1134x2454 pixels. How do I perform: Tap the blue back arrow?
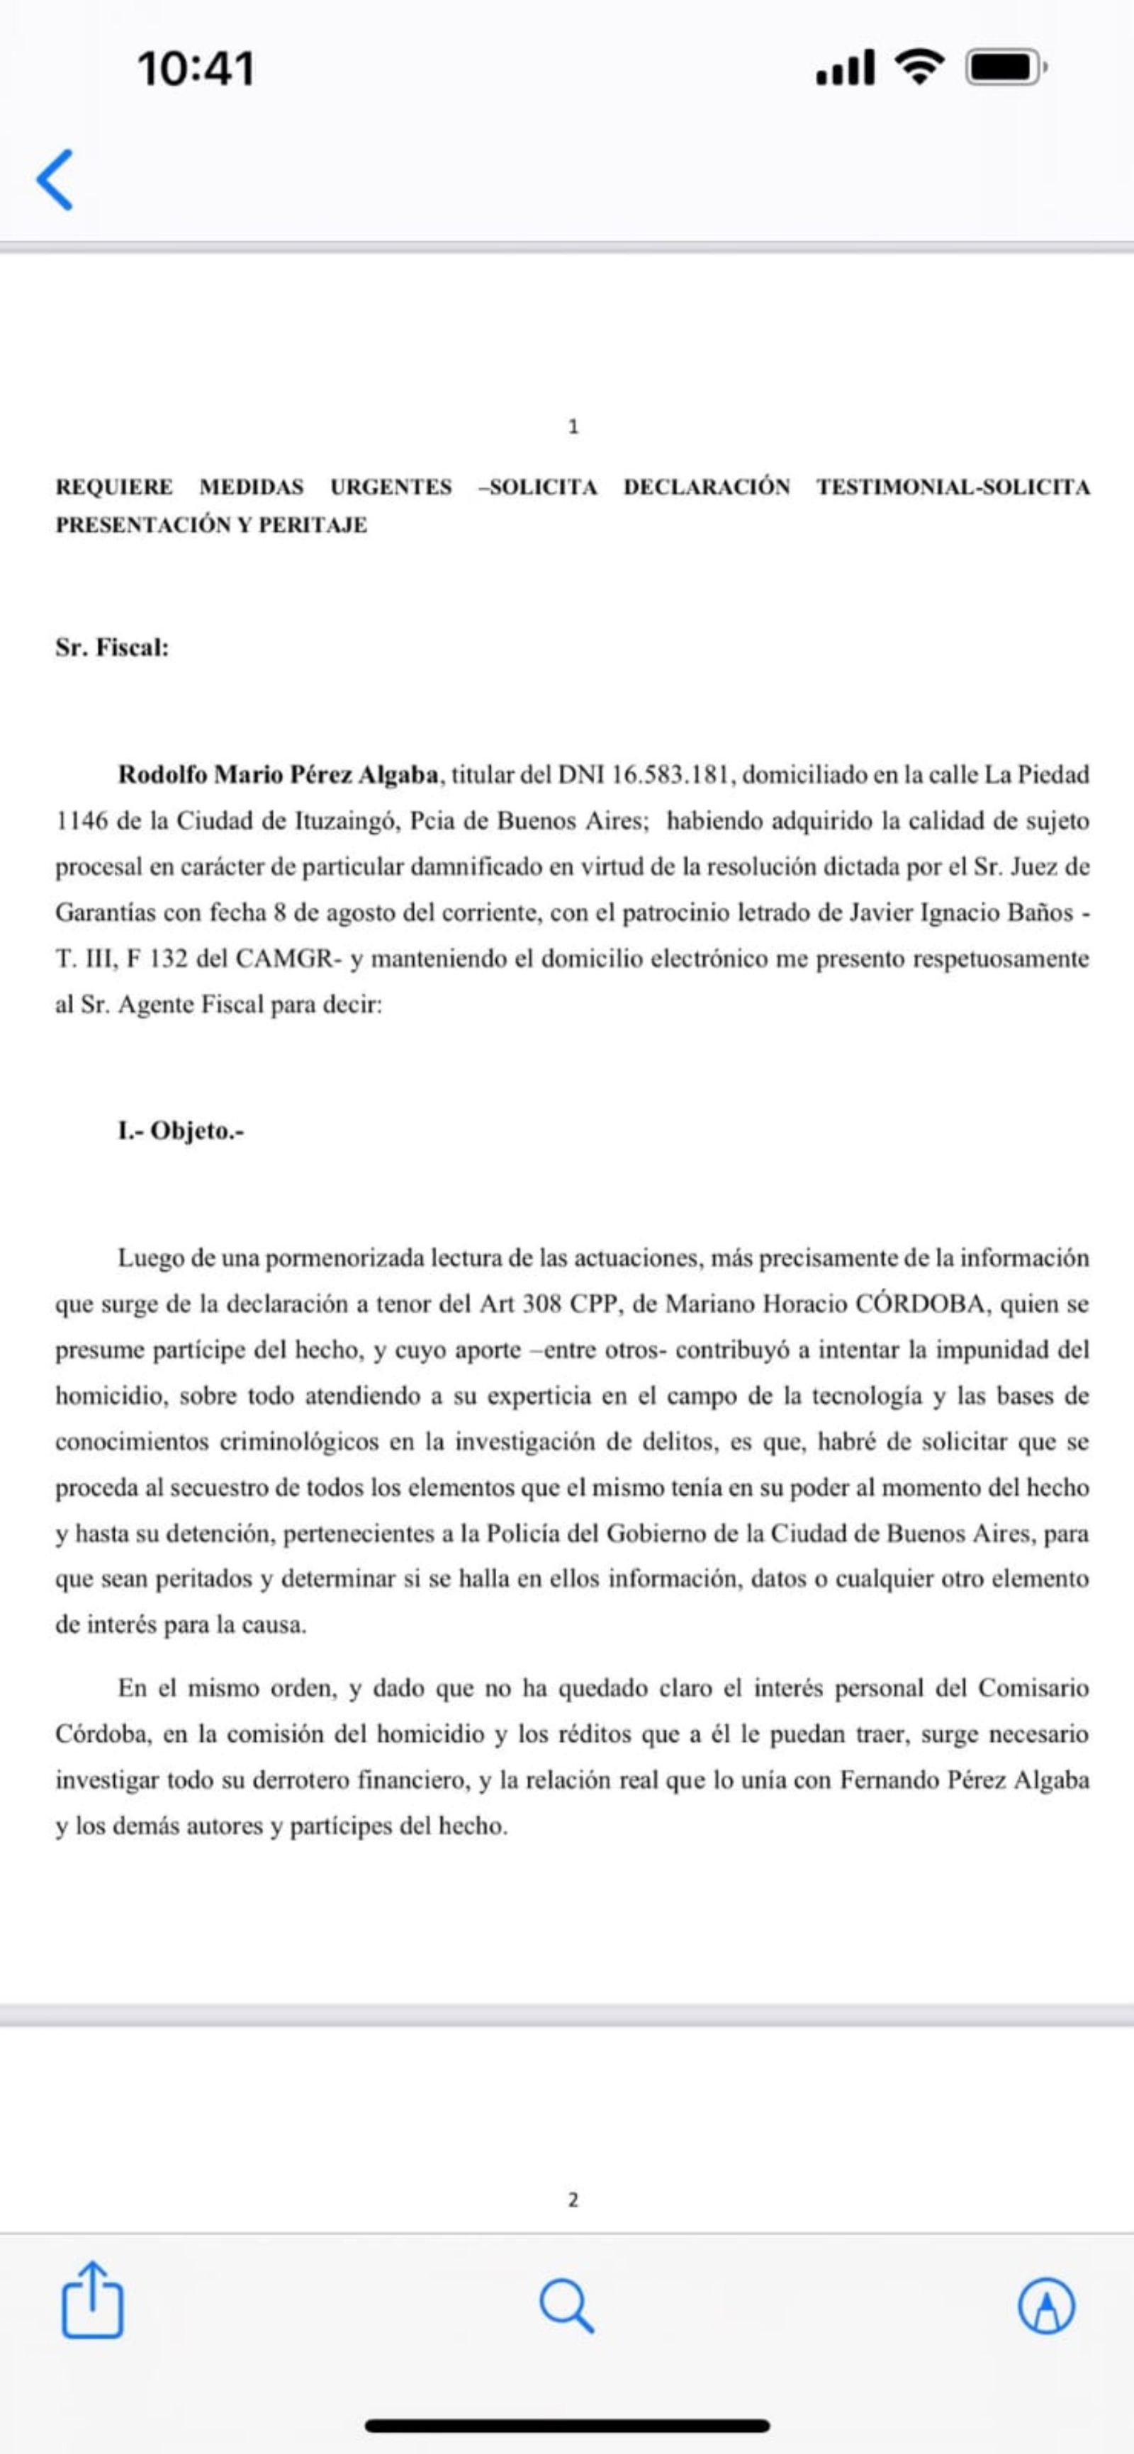point(55,179)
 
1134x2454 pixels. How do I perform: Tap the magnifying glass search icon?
point(567,2305)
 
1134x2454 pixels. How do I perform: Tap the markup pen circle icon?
point(1046,2305)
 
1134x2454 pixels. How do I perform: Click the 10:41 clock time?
point(196,69)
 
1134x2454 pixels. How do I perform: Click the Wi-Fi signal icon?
point(919,67)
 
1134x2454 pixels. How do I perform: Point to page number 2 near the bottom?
point(573,2200)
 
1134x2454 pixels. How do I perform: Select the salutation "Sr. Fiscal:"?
point(111,648)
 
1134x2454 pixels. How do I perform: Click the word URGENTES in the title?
point(391,487)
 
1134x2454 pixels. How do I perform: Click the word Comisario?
point(1033,1688)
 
